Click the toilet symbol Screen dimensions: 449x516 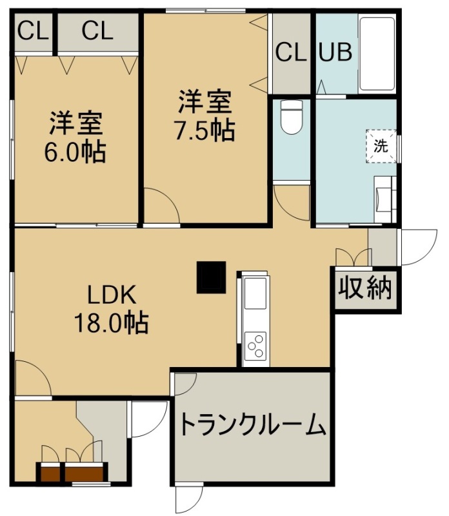(292, 117)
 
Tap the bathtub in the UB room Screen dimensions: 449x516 (377, 54)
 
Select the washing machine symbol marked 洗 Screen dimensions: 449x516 (381, 146)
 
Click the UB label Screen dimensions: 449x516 (335, 52)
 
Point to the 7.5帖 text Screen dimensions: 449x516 (205, 130)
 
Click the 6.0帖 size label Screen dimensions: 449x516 (75, 152)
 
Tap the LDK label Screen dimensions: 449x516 (111, 295)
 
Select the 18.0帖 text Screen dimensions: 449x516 (112, 323)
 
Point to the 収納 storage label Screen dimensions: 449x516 (365, 288)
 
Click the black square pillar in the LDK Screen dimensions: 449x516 (211, 277)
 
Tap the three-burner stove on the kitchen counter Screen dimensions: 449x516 (255, 345)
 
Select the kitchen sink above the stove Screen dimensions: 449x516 (255, 293)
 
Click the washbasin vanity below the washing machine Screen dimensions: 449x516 (385, 199)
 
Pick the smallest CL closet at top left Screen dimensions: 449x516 (33, 31)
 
